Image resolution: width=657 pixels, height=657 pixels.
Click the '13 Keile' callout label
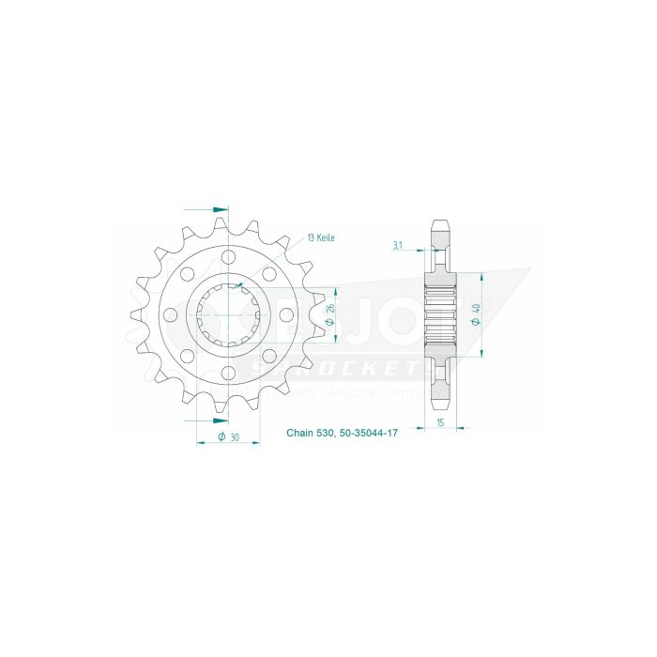pos(319,238)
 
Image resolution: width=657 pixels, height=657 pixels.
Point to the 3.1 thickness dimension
pos(398,246)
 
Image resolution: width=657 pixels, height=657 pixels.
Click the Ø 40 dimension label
pos(476,313)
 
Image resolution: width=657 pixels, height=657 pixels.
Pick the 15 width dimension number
pos(439,424)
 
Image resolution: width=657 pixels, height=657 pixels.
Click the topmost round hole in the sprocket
pos(228,255)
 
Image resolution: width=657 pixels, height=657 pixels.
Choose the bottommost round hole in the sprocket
pos(228,374)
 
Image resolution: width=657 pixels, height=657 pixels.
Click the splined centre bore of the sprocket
pos(228,315)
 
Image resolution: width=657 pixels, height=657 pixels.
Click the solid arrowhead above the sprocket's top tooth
pos(221,207)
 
